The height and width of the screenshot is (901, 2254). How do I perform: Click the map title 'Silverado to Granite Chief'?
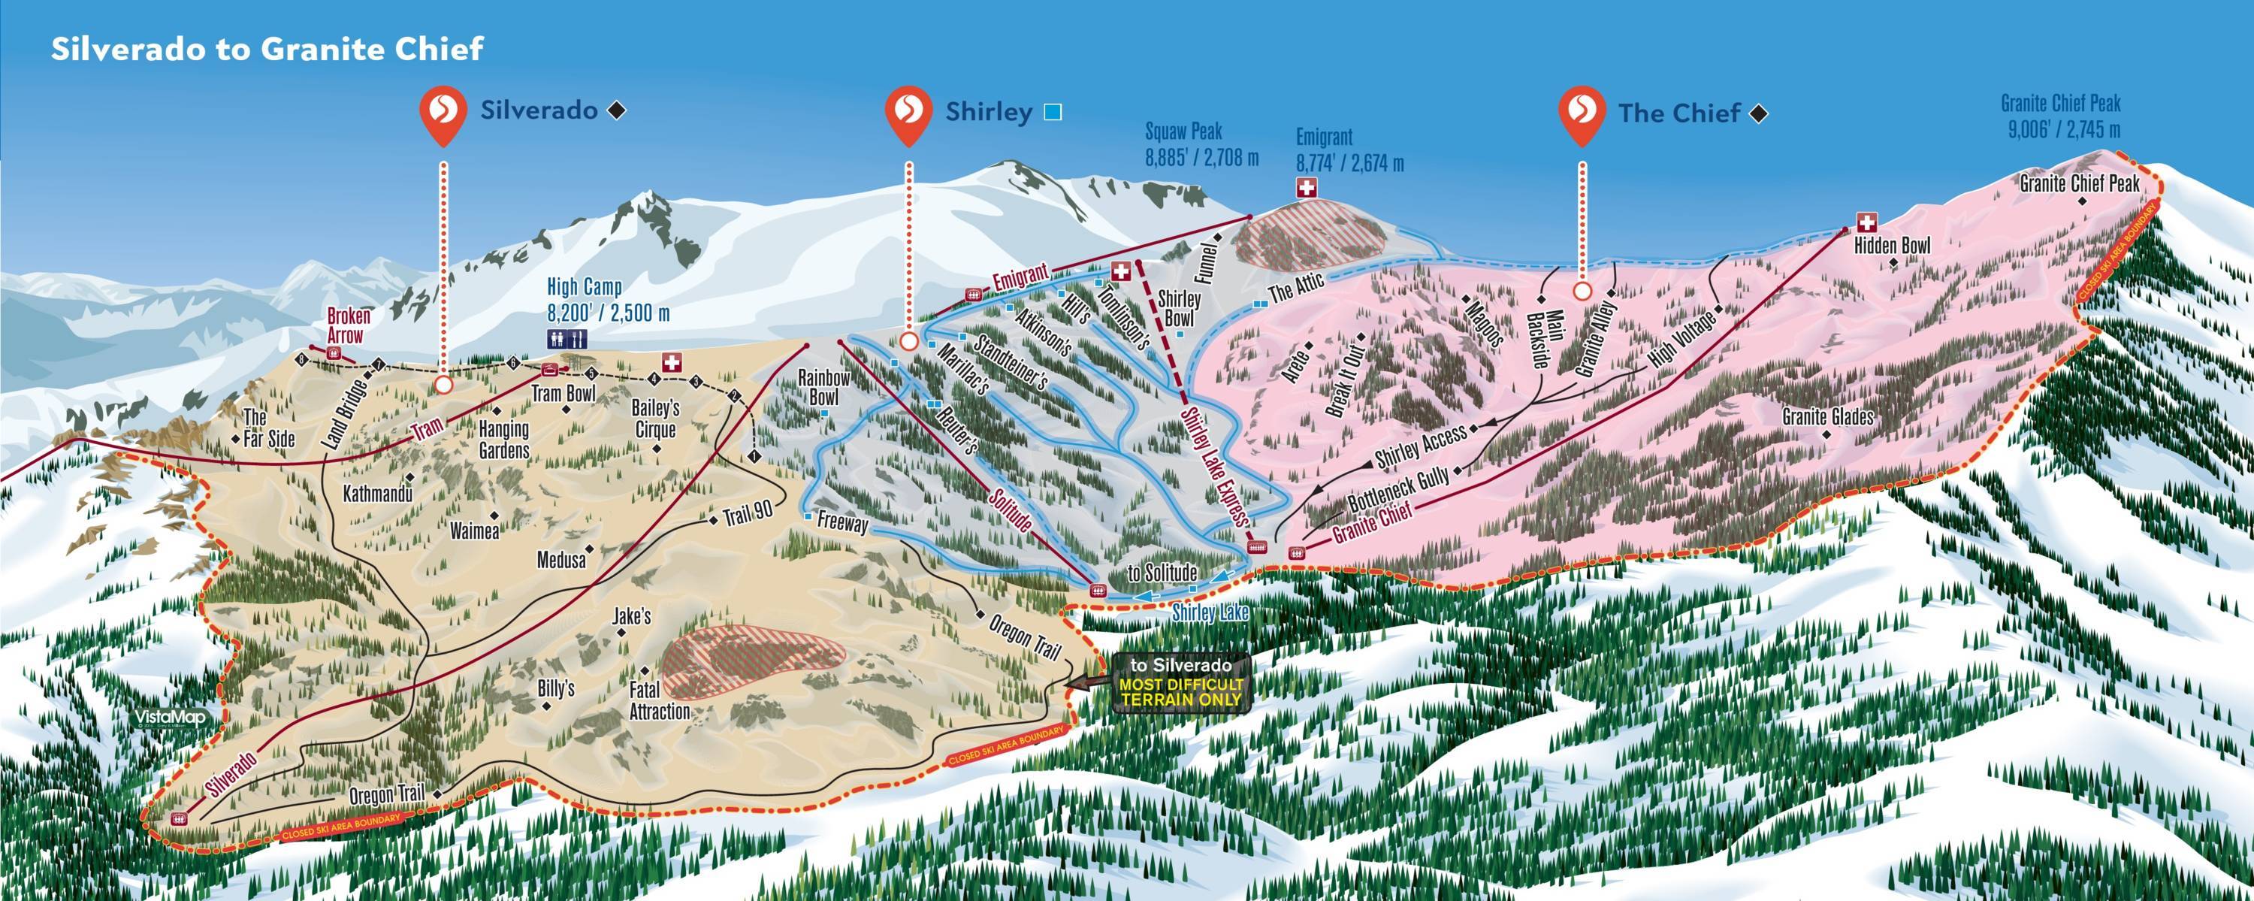[x=267, y=49]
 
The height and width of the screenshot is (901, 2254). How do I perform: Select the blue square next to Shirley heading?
[x=1053, y=112]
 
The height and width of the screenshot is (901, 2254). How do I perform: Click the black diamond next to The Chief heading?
[x=1760, y=113]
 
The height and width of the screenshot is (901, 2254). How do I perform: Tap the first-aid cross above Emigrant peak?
[x=1307, y=187]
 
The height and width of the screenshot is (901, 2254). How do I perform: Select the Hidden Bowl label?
[x=1892, y=246]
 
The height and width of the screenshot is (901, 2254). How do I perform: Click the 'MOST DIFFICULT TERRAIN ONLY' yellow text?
[x=1181, y=692]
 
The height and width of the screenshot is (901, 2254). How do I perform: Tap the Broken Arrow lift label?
[x=349, y=325]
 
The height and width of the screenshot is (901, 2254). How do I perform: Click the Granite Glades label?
[x=1828, y=416]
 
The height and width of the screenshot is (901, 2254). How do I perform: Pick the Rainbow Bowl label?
[x=823, y=388]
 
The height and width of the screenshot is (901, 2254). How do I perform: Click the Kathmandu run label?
[x=377, y=494]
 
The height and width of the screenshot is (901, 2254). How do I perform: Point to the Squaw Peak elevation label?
[x=1201, y=144]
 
